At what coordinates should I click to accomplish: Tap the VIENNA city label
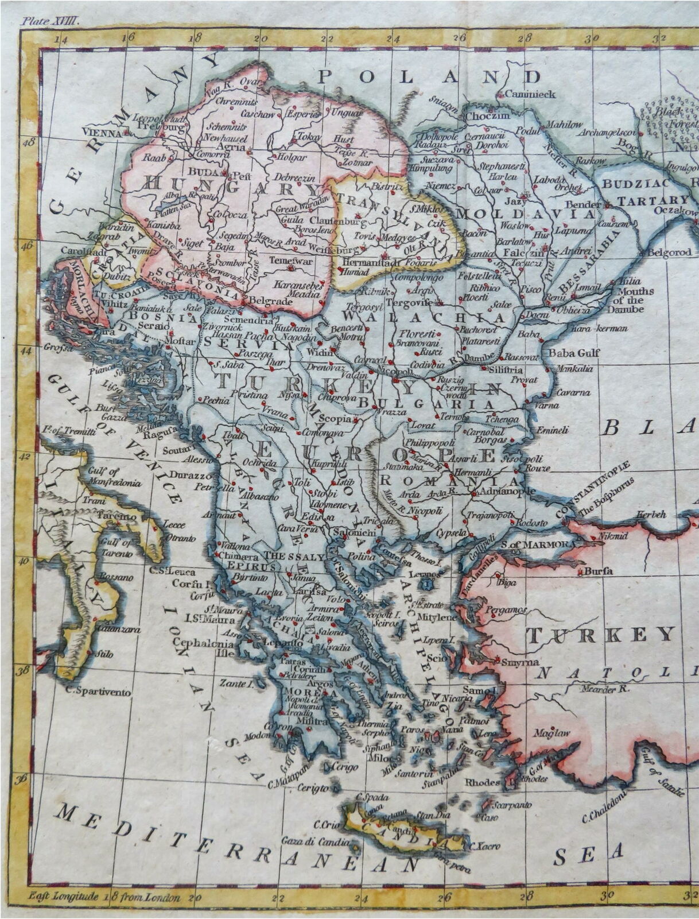pyautogui.click(x=102, y=132)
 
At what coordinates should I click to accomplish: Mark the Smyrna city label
pyautogui.click(x=519, y=662)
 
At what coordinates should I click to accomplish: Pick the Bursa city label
pyautogui.click(x=599, y=572)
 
